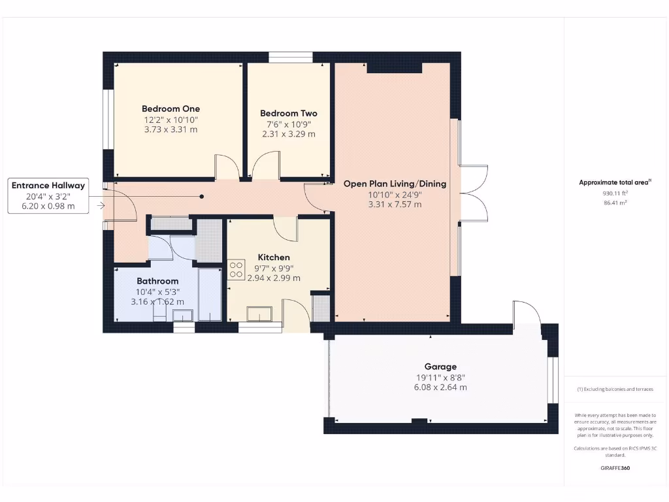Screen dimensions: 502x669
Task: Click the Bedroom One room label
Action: tap(171, 109)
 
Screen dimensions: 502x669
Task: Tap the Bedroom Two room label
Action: tap(288, 113)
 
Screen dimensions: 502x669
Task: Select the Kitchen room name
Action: tap(273, 257)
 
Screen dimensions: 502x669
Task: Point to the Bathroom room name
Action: tap(157, 281)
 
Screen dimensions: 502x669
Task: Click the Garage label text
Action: tap(440, 367)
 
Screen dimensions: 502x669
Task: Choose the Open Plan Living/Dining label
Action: tap(395, 184)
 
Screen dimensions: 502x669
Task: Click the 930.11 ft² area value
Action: tap(614, 193)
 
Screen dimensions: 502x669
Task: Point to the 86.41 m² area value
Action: tap(614, 203)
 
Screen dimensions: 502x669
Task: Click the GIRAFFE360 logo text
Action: tap(614, 468)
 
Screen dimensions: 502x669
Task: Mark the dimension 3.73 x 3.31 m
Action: tap(171, 129)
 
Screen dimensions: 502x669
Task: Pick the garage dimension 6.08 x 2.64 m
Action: tap(440, 387)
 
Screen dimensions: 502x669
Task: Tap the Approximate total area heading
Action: tap(614, 183)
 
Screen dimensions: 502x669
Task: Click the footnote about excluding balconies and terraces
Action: tap(614, 389)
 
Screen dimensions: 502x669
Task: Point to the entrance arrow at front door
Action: tap(100, 205)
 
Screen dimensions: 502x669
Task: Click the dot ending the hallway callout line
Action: tap(202, 196)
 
